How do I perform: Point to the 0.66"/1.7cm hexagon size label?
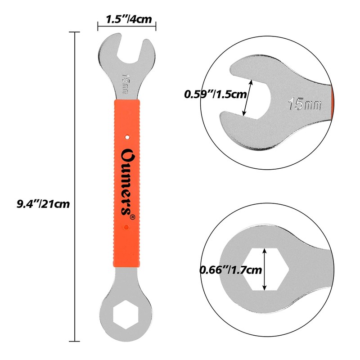[230, 270]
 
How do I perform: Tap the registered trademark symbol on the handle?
[132, 217]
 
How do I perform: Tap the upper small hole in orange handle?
[127, 134]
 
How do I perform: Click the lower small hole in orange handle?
[127, 228]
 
